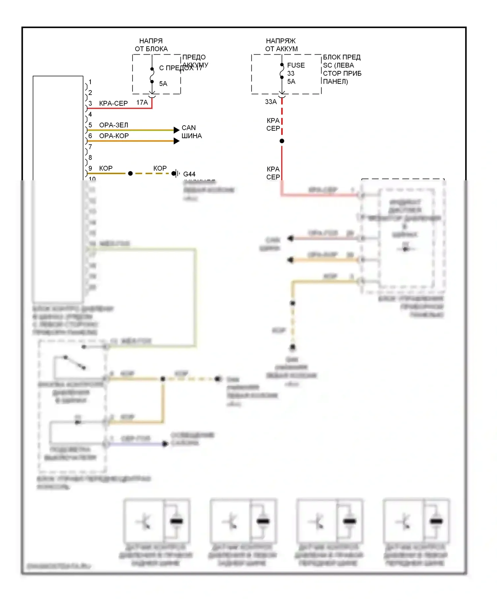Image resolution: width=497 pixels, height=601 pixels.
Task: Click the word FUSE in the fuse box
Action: [296, 65]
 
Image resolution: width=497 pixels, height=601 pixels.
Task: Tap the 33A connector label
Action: [271, 102]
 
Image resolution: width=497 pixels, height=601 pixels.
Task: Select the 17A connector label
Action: [142, 103]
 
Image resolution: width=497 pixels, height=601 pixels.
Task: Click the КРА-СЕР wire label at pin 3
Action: [113, 103]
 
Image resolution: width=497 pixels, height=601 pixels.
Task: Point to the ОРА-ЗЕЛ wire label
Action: [114, 125]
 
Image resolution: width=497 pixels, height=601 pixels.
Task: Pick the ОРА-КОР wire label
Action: [114, 136]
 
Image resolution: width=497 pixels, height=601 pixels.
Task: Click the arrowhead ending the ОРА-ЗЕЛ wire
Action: [177, 130]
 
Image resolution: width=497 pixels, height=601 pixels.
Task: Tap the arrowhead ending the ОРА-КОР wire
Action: [177, 141]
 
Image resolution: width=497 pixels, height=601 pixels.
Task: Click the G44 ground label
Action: [189, 174]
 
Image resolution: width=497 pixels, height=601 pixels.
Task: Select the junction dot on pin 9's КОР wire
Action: [131, 173]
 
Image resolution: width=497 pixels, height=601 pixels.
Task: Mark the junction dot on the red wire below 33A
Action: [282, 141]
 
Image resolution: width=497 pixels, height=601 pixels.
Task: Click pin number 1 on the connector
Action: [90, 82]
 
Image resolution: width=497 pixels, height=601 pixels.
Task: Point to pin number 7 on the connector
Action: [90, 147]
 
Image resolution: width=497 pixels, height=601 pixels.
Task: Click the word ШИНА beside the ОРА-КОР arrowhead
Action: [192, 136]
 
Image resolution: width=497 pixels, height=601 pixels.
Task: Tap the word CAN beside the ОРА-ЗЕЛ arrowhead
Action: [189, 128]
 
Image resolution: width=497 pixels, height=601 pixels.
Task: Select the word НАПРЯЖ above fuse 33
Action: [281, 41]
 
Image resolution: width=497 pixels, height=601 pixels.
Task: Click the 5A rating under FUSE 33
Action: [291, 82]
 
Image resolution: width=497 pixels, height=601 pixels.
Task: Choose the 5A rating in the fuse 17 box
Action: [163, 84]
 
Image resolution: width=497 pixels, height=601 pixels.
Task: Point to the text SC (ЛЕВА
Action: [338, 65]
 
